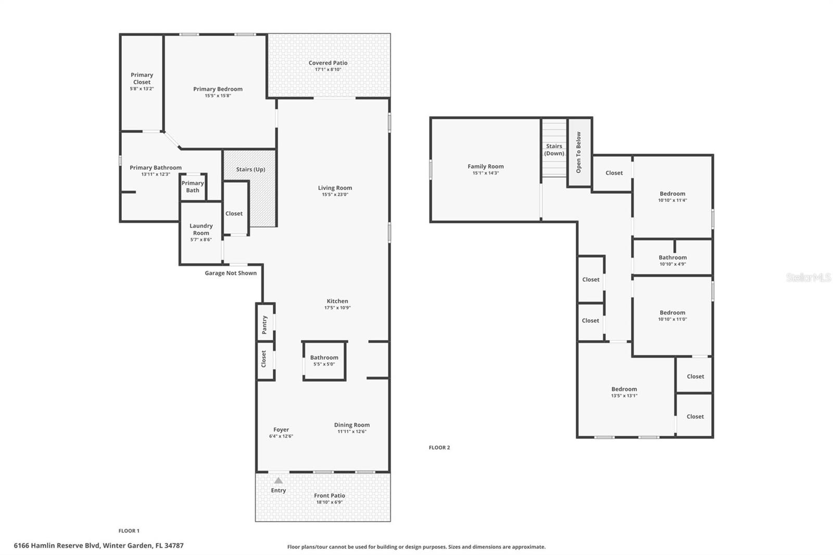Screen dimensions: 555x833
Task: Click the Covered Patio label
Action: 328,63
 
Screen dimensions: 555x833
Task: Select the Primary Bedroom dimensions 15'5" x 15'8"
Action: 218,96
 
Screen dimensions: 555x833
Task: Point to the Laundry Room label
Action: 201,229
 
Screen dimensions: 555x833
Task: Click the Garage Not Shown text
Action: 231,273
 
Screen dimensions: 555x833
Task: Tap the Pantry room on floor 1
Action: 264,324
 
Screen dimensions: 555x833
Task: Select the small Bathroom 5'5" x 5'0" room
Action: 324,360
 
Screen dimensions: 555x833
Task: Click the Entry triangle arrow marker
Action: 279,481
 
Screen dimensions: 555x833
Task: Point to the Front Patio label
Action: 329,496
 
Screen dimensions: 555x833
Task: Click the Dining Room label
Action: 352,425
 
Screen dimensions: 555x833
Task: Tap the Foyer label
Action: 281,430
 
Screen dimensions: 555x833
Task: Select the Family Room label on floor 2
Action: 485,167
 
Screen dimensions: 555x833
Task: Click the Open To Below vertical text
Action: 578,152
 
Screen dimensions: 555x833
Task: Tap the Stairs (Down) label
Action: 554,149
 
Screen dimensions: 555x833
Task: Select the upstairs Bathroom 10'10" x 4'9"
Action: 672,260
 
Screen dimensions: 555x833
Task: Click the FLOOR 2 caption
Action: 439,447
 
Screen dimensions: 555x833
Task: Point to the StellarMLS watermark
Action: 808,277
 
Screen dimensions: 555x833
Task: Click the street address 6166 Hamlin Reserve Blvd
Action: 98,546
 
